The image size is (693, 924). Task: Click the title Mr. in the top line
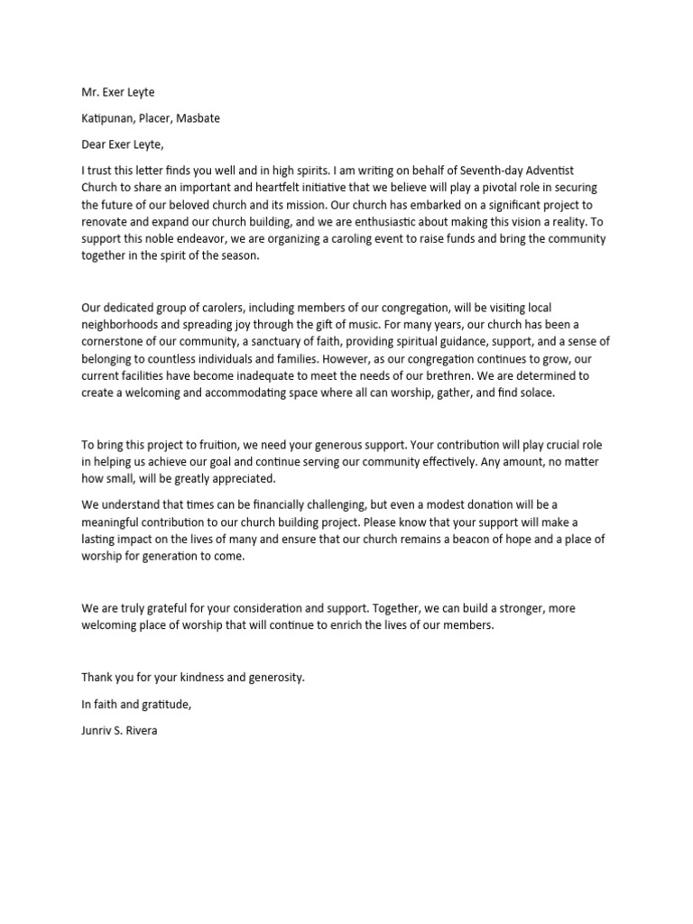90,92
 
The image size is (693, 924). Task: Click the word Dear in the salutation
96,143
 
